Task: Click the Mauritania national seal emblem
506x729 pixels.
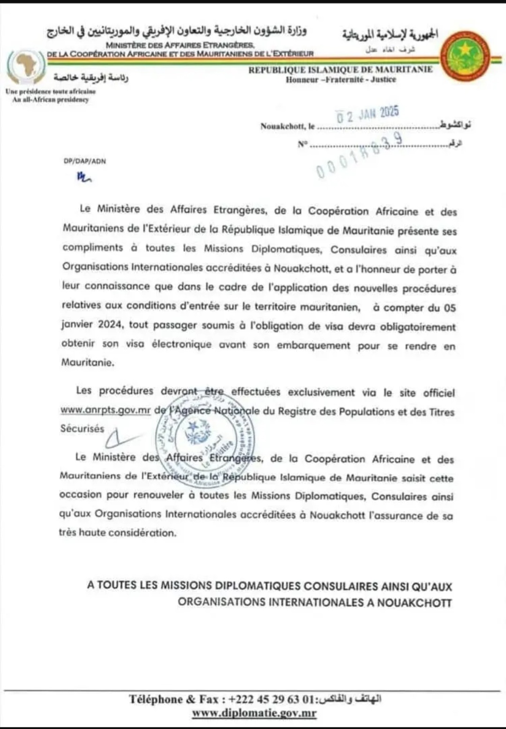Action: (x=465, y=57)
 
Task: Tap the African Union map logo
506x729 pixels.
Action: (x=26, y=66)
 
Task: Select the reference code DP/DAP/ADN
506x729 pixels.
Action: (x=85, y=161)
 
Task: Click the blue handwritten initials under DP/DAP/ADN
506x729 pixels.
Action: (x=84, y=177)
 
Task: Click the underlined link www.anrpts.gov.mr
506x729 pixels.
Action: (x=105, y=409)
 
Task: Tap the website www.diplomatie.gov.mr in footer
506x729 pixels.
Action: (x=254, y=713)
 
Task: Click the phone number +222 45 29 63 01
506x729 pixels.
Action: (x=271, y=699)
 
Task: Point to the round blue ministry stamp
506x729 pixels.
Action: (x=205, y=439)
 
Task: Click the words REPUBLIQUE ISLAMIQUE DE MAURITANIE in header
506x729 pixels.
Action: (x=341, y=70)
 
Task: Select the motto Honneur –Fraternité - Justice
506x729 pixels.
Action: (x=341, y=80)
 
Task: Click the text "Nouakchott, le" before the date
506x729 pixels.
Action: (x=287, y=126)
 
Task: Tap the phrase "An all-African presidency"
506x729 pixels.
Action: (x=51, y=100)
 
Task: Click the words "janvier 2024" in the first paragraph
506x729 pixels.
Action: (x=92, y=324)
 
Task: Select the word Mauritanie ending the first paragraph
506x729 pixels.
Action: (x=88, y=362)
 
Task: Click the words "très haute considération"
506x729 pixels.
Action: (x=118, y=533)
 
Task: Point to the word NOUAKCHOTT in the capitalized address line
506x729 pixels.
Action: (x=414, y=603)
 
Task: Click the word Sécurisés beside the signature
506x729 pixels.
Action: (x=82, y=428)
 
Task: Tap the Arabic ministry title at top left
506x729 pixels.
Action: (x=177, y=31)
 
